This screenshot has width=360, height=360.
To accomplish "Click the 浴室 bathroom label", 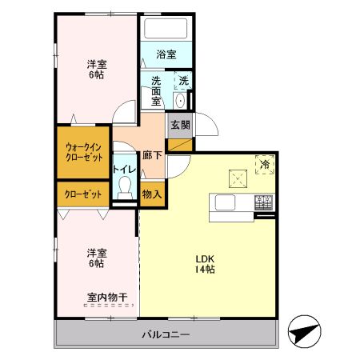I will tap(166, 54).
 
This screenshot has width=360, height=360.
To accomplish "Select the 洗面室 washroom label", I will tap(156, 90).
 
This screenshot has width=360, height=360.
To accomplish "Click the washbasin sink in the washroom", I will tap(179, 100).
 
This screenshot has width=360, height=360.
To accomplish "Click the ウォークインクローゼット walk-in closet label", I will tap(82, 152).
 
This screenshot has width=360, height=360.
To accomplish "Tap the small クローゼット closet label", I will tap(82, 194).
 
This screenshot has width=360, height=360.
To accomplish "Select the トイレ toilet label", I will tap(123, 169).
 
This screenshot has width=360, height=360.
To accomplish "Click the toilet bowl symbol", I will tap(124, 189).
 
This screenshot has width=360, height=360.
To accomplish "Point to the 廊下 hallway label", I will tap(152, 155).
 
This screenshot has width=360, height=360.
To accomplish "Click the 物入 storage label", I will tap(152, 194).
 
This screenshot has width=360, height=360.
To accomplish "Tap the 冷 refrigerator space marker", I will tap(266, 164).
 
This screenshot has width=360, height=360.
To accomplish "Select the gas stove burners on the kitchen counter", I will tap(264, 204).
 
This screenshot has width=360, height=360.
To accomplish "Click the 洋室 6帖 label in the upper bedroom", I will tap(96, 70).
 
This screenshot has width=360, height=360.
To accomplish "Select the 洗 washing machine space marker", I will tap(183, 80).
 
